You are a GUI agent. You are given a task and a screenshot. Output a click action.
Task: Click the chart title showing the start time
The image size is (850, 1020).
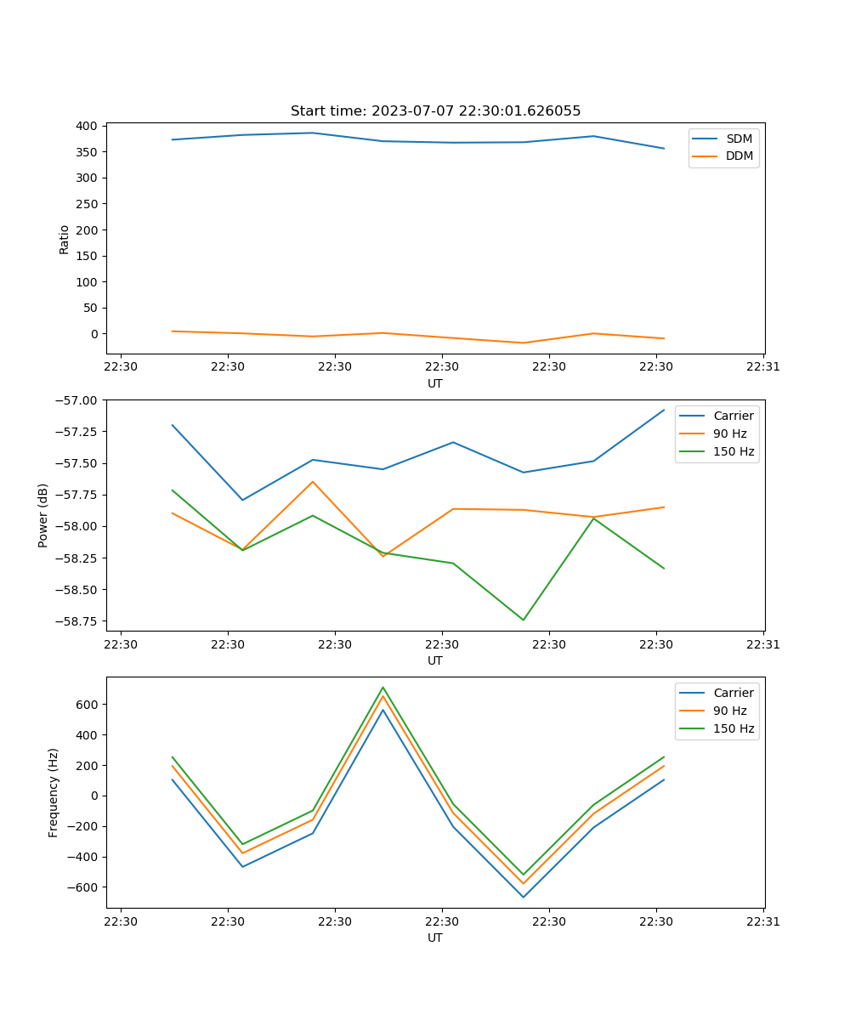[435, 111]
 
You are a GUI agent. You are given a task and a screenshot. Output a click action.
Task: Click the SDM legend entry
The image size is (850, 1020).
[739, 139]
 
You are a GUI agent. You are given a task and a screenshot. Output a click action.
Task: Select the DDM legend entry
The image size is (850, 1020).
[739, 156]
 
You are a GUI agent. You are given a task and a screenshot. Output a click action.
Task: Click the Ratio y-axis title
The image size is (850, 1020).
[65, 239]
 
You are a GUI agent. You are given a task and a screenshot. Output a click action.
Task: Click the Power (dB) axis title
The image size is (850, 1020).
[43, 515]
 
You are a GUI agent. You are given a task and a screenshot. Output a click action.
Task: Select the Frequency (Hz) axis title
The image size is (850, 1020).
[54, 792]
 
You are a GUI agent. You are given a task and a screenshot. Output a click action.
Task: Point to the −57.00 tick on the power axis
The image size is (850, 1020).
[75, 400]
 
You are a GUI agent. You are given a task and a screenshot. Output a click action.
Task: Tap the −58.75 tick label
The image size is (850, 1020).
[75, 620]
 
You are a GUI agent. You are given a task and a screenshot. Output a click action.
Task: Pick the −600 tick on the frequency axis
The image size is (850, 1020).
[83, 887]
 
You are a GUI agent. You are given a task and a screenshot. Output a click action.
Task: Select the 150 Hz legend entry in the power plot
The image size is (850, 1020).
[734, 451]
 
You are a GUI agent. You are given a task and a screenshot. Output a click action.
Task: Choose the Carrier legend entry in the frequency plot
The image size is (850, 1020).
[733, 693]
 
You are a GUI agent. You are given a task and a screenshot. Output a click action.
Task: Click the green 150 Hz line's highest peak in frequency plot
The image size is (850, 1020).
[382, 687]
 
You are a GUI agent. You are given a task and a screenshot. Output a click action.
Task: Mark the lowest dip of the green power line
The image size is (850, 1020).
[523, 620]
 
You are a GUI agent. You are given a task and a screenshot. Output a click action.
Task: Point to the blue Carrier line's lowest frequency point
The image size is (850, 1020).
[523, 897]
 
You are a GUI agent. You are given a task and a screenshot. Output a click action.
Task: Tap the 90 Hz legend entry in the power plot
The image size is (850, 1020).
[729, 433]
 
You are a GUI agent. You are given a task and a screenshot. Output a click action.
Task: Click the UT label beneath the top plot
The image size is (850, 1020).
[435, 383]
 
